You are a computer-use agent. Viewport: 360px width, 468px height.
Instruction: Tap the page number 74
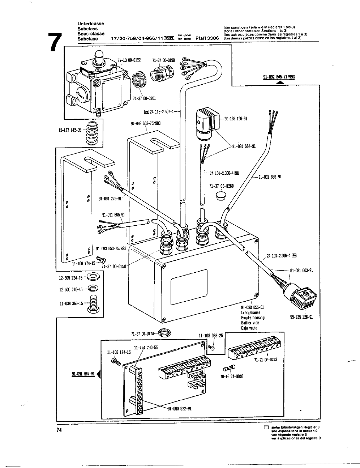tap(59, 430)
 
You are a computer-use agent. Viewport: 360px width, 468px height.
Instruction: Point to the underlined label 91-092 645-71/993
tap(279, 77)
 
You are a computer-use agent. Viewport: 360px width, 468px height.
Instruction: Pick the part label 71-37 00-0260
tap(222, 186)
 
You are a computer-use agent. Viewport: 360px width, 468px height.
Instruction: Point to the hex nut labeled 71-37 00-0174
tap(167, 332)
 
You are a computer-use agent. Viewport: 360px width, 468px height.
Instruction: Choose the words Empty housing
tap(253, 318)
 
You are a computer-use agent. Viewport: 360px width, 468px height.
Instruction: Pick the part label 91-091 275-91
tap(111, 198)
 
